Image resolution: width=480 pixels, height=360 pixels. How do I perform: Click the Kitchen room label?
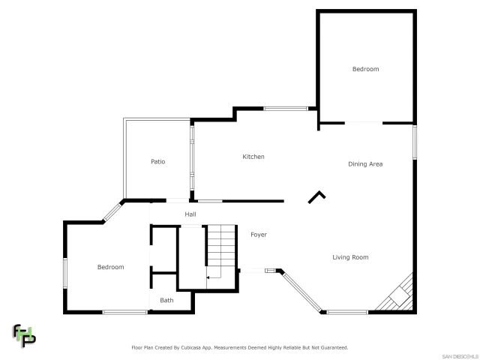(x=253, y=157)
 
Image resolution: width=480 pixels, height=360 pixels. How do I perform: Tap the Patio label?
(x=157, y=161)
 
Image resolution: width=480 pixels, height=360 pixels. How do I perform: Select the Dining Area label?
(x=365, y=163)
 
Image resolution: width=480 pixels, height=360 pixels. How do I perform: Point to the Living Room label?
(x=350, y=257)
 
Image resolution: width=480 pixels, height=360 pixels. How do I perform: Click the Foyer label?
(x=258, y=235)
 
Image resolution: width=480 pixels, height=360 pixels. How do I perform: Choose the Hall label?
(x=190, y=214)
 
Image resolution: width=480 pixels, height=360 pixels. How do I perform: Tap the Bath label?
(x=166, y=300)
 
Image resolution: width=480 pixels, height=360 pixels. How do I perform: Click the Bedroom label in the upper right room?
(x=365, y=69)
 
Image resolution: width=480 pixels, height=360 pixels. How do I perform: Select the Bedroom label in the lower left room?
(x=110, y=267)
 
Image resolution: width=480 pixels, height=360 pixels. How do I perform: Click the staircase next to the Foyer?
(x=221, y=250)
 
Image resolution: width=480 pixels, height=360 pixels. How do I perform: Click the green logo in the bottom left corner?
(x=23, y=334)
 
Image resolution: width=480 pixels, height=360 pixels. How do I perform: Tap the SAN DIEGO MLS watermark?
(x=459, y=355)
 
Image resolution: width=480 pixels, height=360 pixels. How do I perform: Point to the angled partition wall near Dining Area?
(x=317, y=196)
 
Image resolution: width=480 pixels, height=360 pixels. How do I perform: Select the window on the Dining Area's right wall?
(x=415, y=142)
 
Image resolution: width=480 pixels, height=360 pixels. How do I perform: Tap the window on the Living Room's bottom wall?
(x=346, y=311)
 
